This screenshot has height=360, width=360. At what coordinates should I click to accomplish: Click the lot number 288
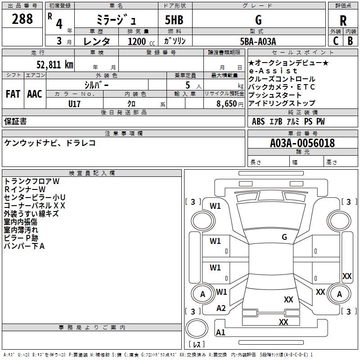click(22, 19)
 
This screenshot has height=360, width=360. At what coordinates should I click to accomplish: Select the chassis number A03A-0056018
click(302, 143)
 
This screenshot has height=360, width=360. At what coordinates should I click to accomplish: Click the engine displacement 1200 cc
click(137, 41)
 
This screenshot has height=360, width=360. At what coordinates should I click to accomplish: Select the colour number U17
click(75, 103)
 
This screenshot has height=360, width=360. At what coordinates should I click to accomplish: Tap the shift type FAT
click(13, 94)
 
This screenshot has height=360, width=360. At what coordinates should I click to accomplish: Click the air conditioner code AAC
click(35, 94)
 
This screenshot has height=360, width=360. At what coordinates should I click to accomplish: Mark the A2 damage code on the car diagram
click(221, 308)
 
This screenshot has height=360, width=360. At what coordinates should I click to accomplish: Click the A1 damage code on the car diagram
click(220, 333)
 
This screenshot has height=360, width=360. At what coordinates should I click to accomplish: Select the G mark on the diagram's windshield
click(284, 237)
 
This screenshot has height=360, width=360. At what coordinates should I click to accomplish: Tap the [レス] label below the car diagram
click(196, 345)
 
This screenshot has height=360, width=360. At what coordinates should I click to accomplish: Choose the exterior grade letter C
click(335, 41)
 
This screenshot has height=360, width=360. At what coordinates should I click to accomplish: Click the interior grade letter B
click(351, 41)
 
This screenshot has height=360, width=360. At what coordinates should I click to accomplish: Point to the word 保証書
click(15, 121)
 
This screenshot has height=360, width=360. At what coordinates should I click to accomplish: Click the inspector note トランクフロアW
click(31, 181)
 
